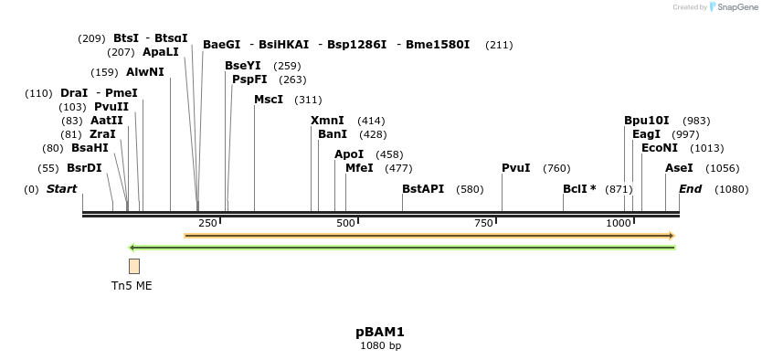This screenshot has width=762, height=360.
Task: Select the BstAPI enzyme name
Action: pyautogui.click(x=423, y=189)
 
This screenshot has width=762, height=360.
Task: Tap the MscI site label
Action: pyautogui.click(x=269, y=100)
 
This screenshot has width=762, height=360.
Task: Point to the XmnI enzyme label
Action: pyautogui.click(x=327, y=121)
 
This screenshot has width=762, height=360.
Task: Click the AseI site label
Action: pyautogui.click(x=679, y=168)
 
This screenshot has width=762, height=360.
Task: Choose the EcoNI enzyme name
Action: pyautogui.click(x=660, y=148)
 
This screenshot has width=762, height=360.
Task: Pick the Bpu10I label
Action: pyautogui.click(x=647, y=121)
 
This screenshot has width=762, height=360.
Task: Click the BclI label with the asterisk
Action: pyautogui.click(x=579, y=189)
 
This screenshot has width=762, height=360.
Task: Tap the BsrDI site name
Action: pyautogui.click(x=84, y=168)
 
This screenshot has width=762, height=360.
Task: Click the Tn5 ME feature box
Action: pyautogui.click(x=134, y=266)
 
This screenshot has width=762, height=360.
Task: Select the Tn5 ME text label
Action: pyautogui.click(x=132, y=286)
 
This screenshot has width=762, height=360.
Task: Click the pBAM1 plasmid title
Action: pyautogui.click(x=380, y=332)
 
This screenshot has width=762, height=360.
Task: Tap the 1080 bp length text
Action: pyautogui.click(x=380, y=346)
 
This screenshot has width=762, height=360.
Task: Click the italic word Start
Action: pyautogui.click(x=61, y=189)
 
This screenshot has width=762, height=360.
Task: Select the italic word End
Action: pyautogui.click(x=690, y=189)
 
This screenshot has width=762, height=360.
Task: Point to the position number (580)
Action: pyautogui.click(x=470, y=189)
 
